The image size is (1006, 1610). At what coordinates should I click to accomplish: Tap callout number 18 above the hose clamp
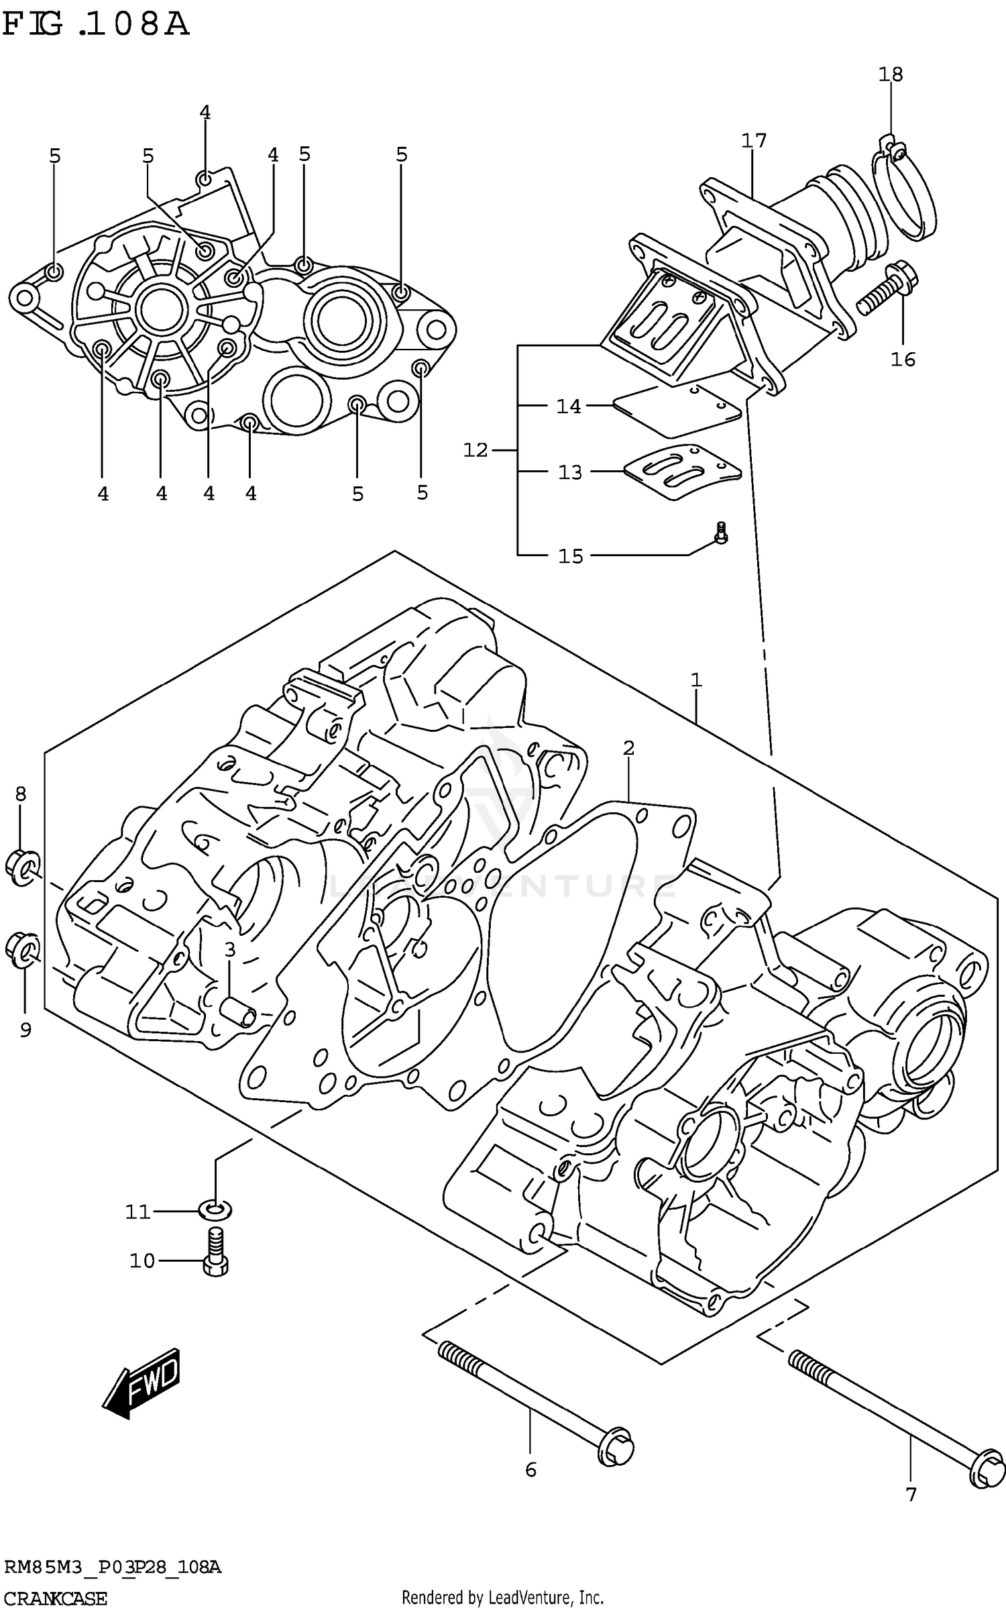(x=891, y=74)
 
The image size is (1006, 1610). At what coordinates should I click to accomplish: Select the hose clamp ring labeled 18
(x=905, y=195)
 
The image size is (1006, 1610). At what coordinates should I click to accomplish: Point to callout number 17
(x=754, y=141)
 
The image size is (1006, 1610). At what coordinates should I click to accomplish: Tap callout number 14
(x=569, y=407)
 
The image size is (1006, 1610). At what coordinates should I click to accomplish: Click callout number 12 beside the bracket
(x=476, y=450)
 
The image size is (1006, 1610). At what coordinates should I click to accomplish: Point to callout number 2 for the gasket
(x=628, y=748)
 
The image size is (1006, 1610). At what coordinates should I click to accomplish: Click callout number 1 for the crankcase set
(x=696, y=680)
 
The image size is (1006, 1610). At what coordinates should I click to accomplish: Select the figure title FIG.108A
(x=95, y=25)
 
